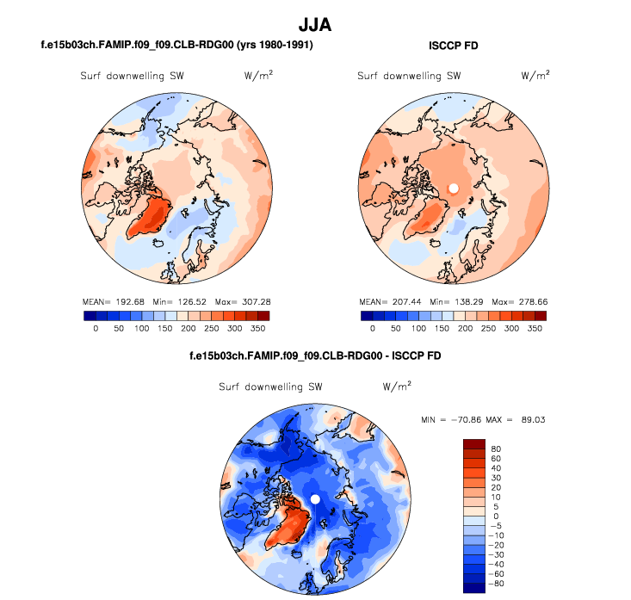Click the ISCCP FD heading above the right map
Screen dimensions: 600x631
pos(453,45)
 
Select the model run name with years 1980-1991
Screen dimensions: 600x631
pos(176,45)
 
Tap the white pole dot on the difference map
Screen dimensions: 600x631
pos(315,499)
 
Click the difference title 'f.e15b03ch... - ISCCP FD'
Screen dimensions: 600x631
pos(315,356)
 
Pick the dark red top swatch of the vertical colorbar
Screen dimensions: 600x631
pos(474,443)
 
